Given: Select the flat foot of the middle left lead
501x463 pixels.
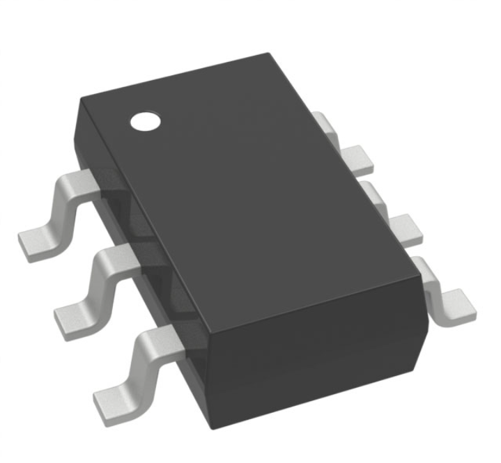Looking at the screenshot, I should click(x=72, y=320).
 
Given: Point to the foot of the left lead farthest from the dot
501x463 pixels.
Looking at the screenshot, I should click(x=111, y=402).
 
